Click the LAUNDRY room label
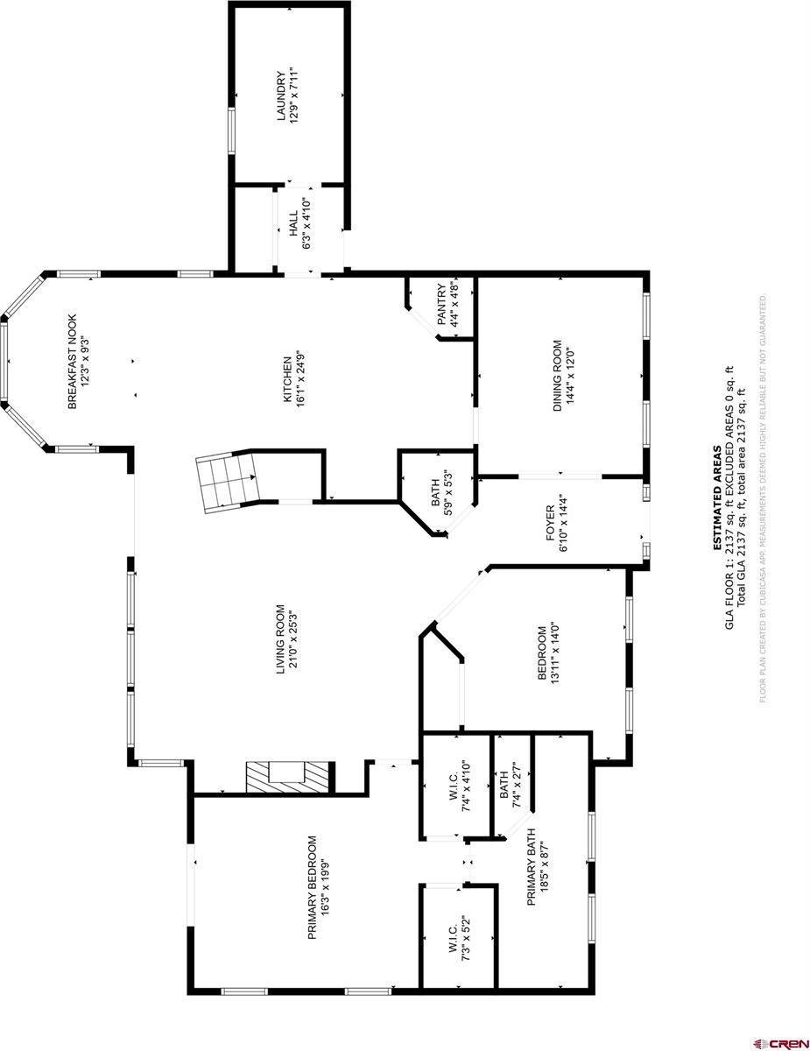pyautogui.click(x=282, y=96)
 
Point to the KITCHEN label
pyautogui.click(x=285, y=380)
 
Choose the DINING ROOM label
pyautogui.click(x=556, y=377)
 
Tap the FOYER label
pyautogui.click(x=551, y=524)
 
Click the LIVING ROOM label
pyautogui.click(x=282, y=639)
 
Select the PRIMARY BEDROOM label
pyautogui.click(x=312, y=887)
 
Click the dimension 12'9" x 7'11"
pyautogui.click(x=295, y=96)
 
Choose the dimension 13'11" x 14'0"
pyautogui.click(x=554, y=652)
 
